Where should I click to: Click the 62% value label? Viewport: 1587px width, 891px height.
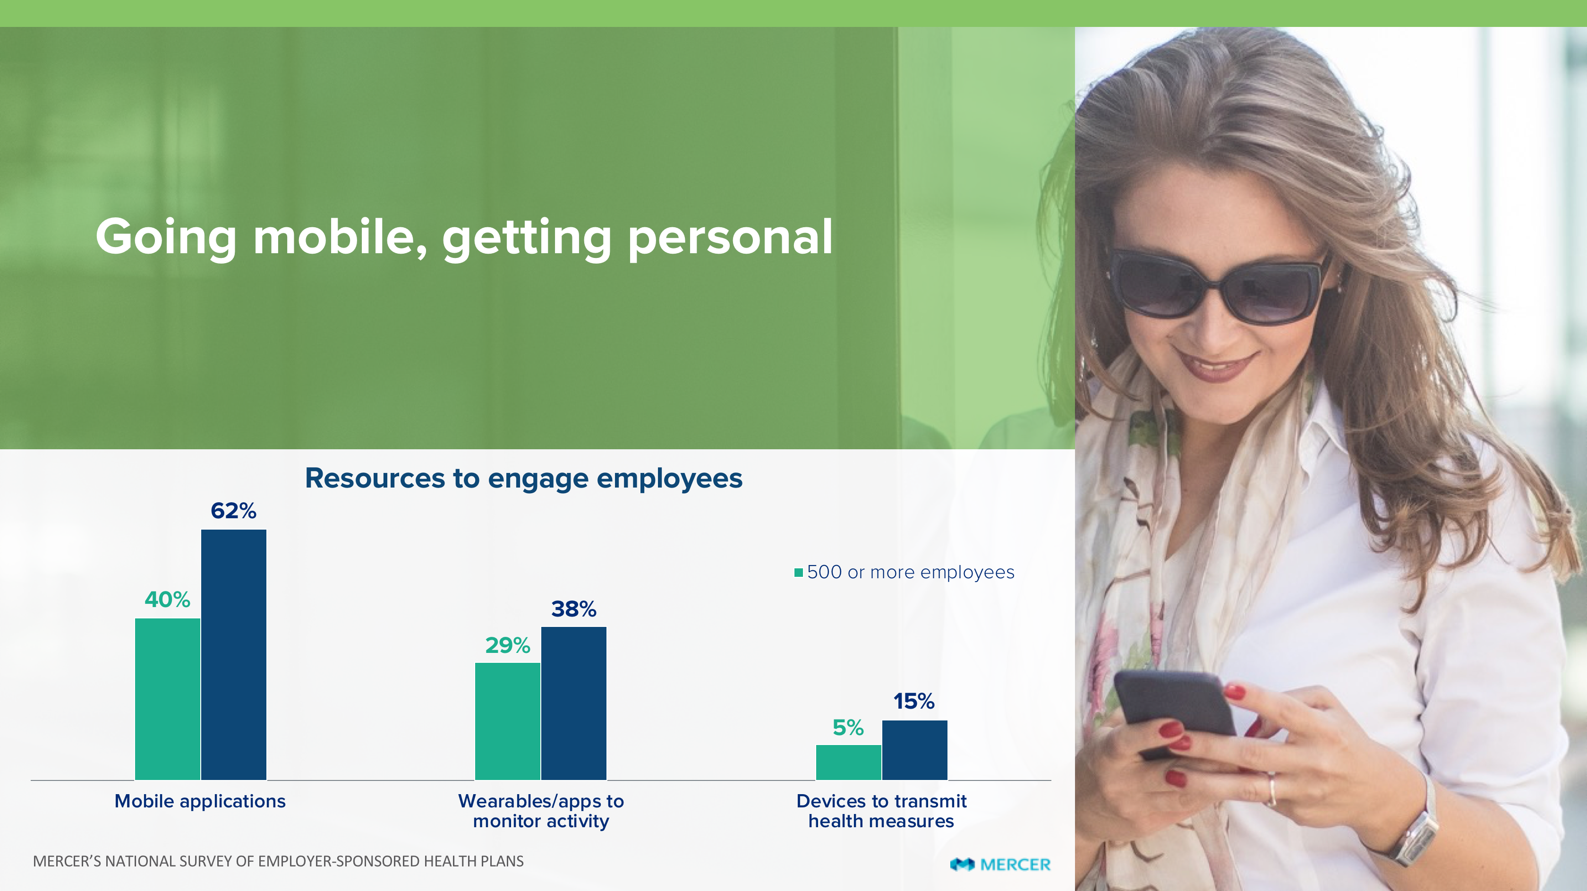[233, 511]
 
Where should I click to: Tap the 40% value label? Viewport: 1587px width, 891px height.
[167, 600]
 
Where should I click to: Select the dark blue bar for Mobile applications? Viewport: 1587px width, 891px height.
[233, 654]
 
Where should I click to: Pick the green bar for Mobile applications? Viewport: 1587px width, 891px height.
[168, 699]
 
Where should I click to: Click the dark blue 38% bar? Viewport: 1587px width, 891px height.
[573, 703]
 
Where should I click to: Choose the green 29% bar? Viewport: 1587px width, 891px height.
[508, 721]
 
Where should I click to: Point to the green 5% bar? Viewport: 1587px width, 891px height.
[848, 762]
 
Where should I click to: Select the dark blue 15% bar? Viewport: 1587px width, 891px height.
[915, 750]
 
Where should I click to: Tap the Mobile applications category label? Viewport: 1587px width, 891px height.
[200, 801]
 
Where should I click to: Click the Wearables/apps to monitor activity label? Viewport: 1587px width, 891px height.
[541, 811]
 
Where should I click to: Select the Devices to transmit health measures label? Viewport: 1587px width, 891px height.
[882, 811]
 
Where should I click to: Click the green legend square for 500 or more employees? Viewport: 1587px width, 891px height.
[798, 573]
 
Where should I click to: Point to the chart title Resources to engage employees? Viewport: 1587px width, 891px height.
[524, 479]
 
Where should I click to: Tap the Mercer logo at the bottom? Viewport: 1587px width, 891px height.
[1000, 865]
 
